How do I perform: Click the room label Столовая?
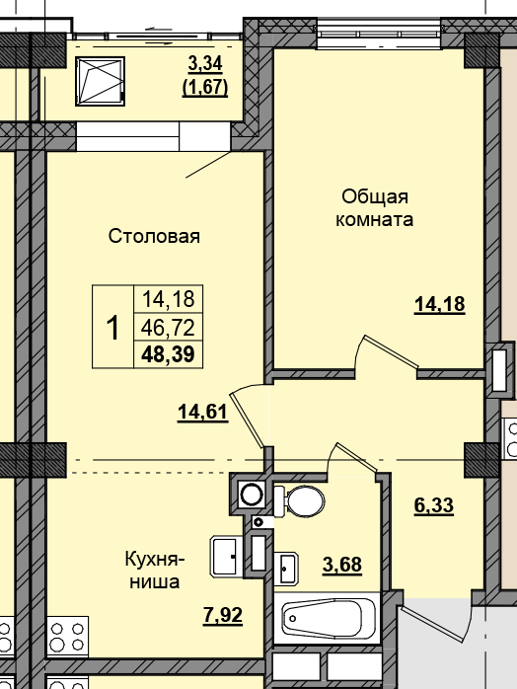pos(154,236)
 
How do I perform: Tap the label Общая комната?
pos(375,207)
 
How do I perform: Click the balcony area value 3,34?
pos(205,65)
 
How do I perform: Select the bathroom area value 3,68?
pos(342,565)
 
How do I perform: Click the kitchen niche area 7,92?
pos(223,618)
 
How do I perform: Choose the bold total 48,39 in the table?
pos(167,353)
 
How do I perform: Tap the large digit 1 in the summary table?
pos(112,327)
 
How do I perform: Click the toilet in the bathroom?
pos(300,500)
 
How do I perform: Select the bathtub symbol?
pos(330,620)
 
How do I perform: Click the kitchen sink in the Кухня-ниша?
pos(226,556)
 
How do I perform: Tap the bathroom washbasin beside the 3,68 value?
pos(287,569)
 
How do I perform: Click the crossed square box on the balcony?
pos(102,82)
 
